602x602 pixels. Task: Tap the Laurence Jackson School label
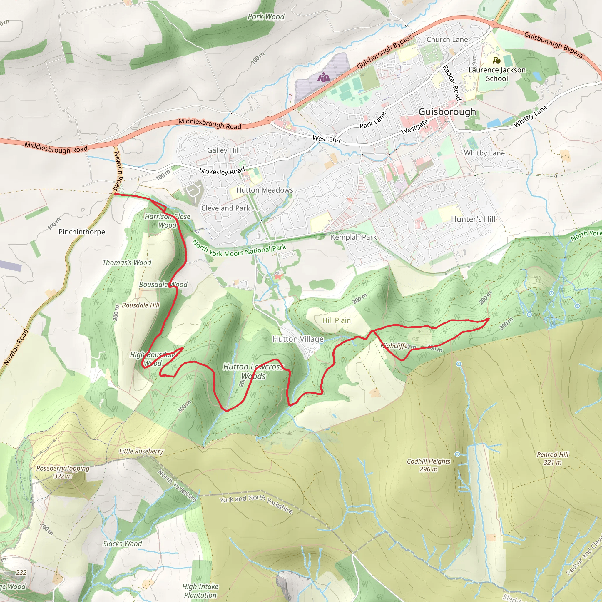click(x=497, y=74)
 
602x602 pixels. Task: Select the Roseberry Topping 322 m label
click(x=63, y=472)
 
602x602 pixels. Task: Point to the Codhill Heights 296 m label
click(x=429, y=465)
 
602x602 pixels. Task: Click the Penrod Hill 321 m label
click(x=552, y=458)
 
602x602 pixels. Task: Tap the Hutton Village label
click(x=298, y=339)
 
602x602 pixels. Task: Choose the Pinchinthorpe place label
click(x=82, y=232)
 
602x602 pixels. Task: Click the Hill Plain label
click(x=336, y=320)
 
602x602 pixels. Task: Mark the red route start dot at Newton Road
click(x=116, y=194)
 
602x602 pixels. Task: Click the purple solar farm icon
click(x=324, y=77)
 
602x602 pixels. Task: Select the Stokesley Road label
click(x=222, y=171)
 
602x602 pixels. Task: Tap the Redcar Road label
click(x=452, y=83)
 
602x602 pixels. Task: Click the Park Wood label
click(x=266, y=16)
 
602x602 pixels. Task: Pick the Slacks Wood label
click(x=122, y=544)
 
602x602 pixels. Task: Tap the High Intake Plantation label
click(x=200, y=591)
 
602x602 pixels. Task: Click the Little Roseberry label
click(x=141, y=451)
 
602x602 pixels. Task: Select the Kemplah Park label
click(x=353, y=237)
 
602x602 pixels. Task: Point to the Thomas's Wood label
click(x=127, y=263)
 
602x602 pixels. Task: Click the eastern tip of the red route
click(x=489, y=319)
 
